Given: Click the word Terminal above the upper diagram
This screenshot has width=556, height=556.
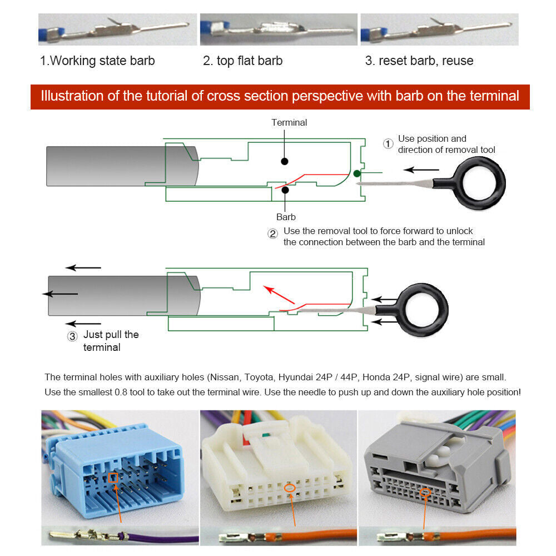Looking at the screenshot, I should (289, 122).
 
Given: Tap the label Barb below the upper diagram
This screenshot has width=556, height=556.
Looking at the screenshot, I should (286, 217).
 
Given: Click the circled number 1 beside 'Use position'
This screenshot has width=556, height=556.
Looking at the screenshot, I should (388, 144).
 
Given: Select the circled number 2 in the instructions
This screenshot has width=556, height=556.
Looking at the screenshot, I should (273, 234).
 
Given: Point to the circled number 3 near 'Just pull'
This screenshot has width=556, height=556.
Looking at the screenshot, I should (72, 336).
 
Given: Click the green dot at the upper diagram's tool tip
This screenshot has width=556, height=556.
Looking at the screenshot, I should (357, 173).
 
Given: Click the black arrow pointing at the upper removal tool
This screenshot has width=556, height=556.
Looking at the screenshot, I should (421, 170).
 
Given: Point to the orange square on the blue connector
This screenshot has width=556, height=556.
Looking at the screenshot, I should (113, 477).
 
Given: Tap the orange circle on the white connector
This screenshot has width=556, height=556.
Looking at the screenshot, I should (289, 488).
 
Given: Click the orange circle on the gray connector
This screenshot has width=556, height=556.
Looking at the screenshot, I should (426, 492).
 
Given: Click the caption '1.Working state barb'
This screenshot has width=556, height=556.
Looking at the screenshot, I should (97, 61).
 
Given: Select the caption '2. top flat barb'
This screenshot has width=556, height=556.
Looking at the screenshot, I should (242, 61).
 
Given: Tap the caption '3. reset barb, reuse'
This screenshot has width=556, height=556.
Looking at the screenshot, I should (419, 61).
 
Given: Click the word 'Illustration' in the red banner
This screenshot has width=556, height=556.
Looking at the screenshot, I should (73, 96).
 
